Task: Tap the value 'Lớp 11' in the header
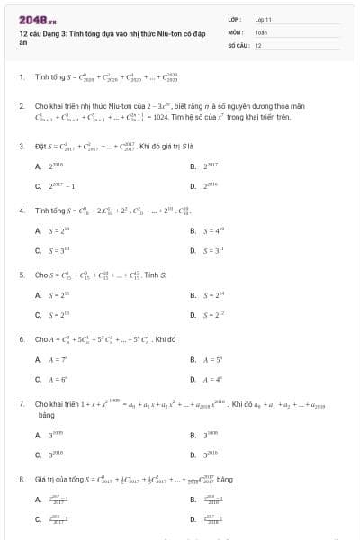tap(263, 18)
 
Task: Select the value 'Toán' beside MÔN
tap(261, 31)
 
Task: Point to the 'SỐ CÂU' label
tap(237, 44)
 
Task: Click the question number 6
tap(21, 339)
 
